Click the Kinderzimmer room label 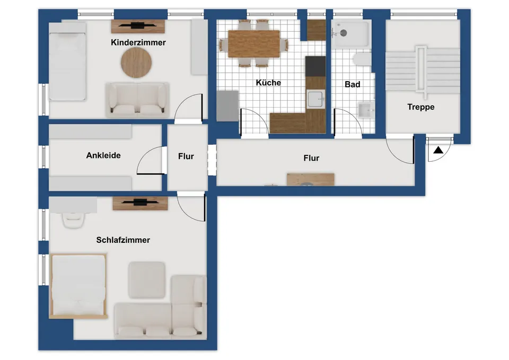(x=138, y=42)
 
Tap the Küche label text (x=268, y=83)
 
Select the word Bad (x=353, y=84)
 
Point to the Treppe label (x=420, y=107)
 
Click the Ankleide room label (x=103, y=155)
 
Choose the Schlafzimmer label (x=123, y=240)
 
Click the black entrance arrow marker (x=438, y=150)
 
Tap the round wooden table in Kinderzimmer (x=136, y=63)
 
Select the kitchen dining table (x=254, y=44)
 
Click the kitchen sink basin (x=315, y=99)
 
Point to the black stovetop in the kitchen (x=315, y=67)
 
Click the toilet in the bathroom (x=362, y=60)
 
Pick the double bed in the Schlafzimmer (x=78, y=286)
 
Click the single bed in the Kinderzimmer (x=67, y=61)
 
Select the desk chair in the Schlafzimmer (x=73, y=220)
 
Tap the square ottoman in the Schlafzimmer (x=147, y=280)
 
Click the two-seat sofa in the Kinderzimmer (x=137, y=99)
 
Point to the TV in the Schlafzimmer (x=140, y=203)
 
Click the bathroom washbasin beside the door (x=366, y=110)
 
